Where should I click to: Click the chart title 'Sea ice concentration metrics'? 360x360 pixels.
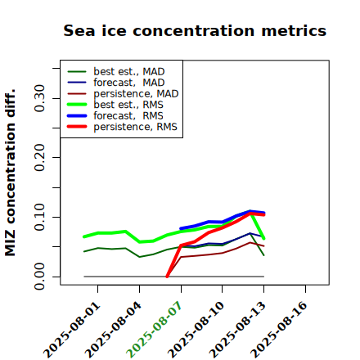coord(195,31)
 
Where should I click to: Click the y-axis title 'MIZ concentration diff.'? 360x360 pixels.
coord(10,173)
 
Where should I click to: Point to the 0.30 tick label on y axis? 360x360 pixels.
coord(40,98)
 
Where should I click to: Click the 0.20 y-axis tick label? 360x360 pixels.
coord(40,157)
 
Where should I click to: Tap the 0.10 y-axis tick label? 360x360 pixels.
coord(40,217)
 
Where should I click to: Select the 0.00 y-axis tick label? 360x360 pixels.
coord(40,277)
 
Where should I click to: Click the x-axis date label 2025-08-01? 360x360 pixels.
coord(72,330)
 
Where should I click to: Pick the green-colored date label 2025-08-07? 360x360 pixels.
coord(155,330)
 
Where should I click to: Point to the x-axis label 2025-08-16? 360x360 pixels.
coord(279,330)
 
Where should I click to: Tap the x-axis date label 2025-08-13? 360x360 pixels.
coord(237,330)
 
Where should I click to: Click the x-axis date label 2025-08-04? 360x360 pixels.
coord(114,330)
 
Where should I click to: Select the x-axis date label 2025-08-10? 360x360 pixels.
coord(196,330)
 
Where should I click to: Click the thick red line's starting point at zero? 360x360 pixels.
coord(167,277)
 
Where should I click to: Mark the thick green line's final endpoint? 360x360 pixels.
coord(263,239)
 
